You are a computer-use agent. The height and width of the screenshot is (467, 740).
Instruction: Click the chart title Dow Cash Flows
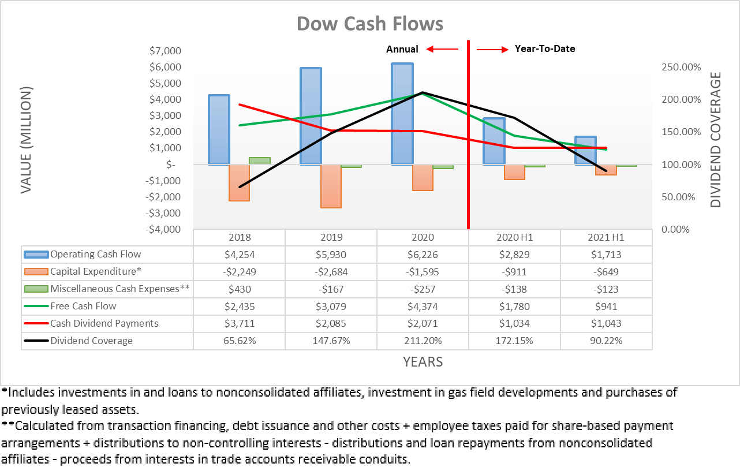coord(369,24)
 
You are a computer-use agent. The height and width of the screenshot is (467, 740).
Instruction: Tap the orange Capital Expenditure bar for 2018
coord(239,182)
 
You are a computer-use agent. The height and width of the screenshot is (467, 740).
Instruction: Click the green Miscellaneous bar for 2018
coord(259,160)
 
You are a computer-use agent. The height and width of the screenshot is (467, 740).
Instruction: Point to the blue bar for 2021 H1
coord(585,151)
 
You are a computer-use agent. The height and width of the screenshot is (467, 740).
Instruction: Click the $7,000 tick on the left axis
coord(166,51)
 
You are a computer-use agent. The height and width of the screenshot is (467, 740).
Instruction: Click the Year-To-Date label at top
coord(545,49)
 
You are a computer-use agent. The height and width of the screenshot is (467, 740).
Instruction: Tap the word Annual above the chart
coord(402,49)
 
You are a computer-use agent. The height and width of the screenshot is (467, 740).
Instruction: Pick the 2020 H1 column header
coord(514,237)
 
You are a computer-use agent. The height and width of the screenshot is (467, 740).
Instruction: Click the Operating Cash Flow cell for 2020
coord(422,255)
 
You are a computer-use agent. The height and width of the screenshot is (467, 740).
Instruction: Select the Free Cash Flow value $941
coord(606,307)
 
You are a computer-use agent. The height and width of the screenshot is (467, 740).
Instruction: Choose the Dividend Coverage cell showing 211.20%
coord(422,341)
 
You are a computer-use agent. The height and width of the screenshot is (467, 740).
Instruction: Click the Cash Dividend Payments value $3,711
coord(239,324)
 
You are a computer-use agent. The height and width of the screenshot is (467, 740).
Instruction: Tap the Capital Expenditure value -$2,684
coord(331,272)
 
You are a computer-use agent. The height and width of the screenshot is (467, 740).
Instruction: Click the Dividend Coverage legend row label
coord(91,341)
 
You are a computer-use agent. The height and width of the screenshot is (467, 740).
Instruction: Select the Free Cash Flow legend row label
coord(83,307)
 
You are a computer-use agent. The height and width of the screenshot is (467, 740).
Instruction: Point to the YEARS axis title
coord(423,362)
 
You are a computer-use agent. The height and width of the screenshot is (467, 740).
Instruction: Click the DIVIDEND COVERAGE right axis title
coord(716,140)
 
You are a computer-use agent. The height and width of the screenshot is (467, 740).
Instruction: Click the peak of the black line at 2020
coord(422,92)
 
